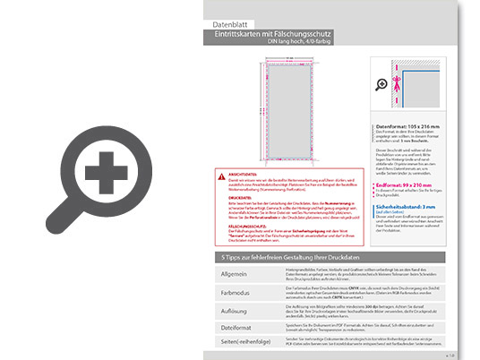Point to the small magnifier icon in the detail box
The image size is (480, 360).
[x=383, y=84]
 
